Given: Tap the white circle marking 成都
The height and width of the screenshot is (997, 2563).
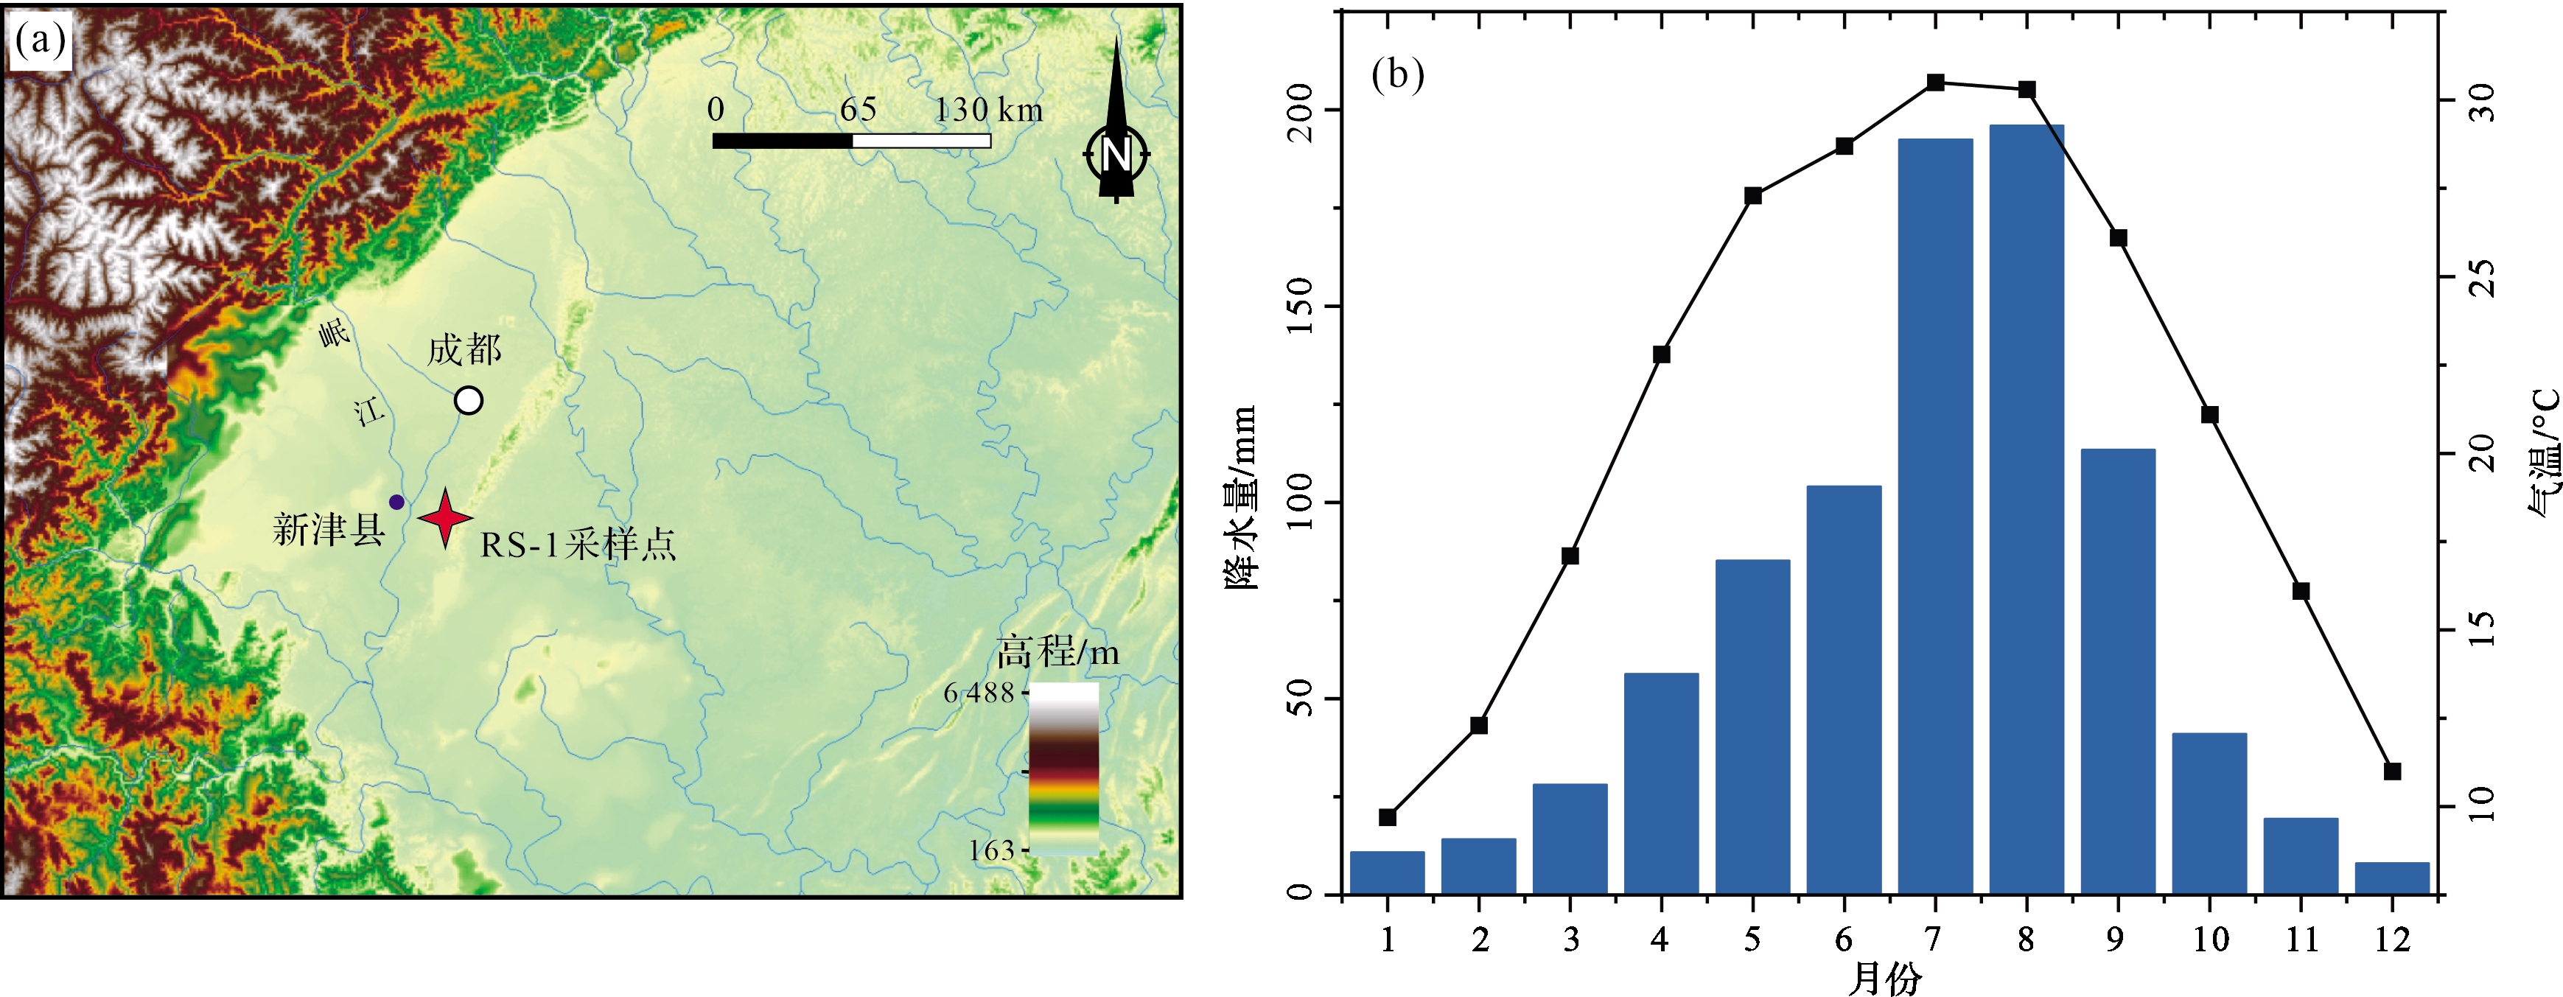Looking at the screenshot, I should tap(469, 400).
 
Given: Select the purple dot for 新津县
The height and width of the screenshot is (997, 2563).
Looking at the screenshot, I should tap(396, 502).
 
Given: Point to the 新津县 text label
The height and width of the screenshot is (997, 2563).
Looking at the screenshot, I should tap(329, 529).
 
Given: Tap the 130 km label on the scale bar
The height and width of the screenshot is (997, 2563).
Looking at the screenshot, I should tap(988, 110).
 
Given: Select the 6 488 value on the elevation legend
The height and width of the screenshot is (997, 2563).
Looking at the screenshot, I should tap(978, 693).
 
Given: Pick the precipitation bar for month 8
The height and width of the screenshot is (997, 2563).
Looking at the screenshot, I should tap(2027, 508).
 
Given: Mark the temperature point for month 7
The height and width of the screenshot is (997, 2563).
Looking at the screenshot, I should tap(1935, 83).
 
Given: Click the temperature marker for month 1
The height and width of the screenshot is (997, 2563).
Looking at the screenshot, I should tap(1388, 817).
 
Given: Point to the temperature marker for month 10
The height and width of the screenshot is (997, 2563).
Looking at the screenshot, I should tap(2210, 415).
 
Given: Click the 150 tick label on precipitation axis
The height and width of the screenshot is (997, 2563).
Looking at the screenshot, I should tap(1299, 307).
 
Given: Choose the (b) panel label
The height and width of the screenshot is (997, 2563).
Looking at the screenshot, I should tap(1397, 74).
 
